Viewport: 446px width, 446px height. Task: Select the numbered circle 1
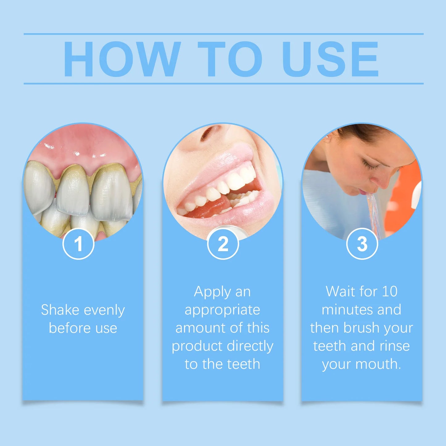point(78,244)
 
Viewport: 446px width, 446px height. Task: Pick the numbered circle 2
point(223,244)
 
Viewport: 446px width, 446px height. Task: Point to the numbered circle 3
point(362,244)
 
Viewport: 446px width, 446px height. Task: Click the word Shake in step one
point(60,310)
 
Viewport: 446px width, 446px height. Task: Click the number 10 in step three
point(390,292)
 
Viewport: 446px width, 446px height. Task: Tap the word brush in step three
point(361,328)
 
